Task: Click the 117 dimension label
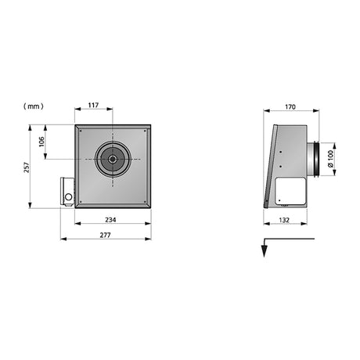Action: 93,105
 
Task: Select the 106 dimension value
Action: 41,142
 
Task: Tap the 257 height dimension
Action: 27,167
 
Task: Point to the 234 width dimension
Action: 110,220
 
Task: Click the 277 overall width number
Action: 105,235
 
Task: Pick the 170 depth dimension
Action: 290,107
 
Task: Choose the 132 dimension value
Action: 284,220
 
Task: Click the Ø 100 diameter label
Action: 330,159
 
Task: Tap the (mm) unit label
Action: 34,106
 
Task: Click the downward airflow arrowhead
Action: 265,251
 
